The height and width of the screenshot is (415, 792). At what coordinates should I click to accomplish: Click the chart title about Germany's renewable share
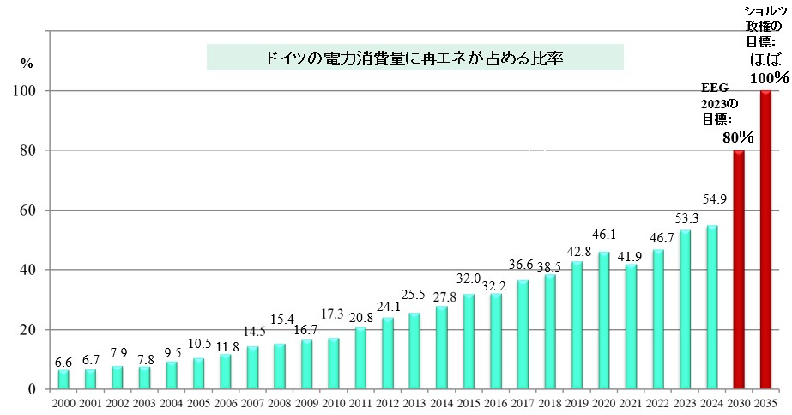point(414,58)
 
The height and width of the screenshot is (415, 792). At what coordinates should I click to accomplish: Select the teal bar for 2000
point(63,380)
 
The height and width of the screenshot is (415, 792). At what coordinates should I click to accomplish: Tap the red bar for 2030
point(738,270)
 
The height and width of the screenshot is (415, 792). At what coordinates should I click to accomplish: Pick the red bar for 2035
point(765,240)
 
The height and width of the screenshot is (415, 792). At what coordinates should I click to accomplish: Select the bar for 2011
point(360,358)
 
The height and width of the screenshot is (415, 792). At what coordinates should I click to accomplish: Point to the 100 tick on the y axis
point(31,91)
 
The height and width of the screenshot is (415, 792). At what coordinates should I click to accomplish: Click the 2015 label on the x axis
point(469,402)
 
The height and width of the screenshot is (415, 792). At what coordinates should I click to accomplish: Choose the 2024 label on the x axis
point(711,402)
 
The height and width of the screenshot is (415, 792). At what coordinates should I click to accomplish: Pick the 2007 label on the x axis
point(252,402)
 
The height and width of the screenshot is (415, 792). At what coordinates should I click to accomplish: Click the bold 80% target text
point(738,137)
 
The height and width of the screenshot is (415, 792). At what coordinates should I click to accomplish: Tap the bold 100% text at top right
point(769,78)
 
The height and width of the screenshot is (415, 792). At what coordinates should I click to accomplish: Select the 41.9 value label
point(631,256)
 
